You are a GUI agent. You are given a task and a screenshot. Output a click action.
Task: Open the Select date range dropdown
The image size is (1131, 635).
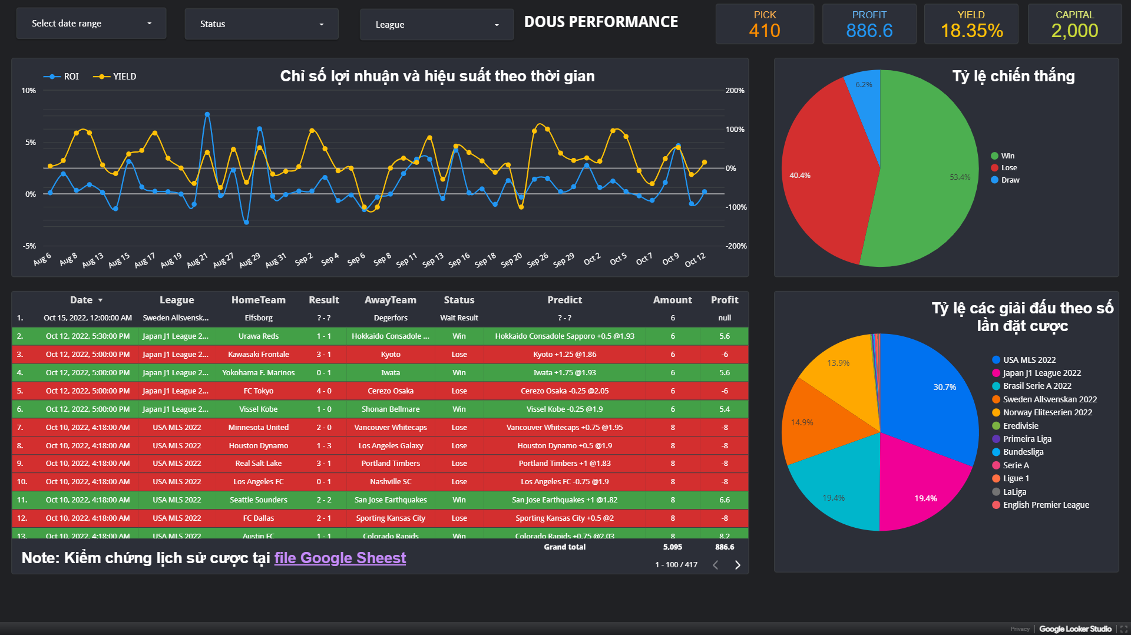[91, 24]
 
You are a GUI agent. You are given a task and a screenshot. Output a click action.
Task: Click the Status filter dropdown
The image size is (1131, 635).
[262, 24]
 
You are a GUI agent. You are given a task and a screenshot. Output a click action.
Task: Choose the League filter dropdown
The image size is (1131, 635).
[436, 25]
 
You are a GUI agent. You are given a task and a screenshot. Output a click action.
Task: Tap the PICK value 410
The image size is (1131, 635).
[764, 31]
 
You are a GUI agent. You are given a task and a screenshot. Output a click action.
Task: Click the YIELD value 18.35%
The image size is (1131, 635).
[971, 31]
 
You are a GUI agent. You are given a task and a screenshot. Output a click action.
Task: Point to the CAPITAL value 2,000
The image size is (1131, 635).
[1074, 31]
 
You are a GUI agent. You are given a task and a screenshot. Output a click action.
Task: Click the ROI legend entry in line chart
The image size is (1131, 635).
[61, 77]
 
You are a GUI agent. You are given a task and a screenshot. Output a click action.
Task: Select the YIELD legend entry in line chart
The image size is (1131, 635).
[115, 77]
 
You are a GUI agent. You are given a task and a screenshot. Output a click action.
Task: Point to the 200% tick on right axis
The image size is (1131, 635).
[735, 91]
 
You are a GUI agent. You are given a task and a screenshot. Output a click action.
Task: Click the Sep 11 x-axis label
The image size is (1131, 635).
[406, 260]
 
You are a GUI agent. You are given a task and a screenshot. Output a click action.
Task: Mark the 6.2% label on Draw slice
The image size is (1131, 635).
[864, 85]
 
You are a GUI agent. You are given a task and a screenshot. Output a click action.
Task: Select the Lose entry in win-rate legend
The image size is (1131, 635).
[1008, 168]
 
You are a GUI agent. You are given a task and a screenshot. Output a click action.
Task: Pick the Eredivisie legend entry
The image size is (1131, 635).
[1020, 426]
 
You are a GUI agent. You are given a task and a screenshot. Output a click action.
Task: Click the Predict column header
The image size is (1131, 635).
[564, 300]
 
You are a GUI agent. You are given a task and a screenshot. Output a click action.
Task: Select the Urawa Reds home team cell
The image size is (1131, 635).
[259, 336]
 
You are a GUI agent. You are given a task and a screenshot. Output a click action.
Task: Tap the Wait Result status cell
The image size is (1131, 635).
[459, 318]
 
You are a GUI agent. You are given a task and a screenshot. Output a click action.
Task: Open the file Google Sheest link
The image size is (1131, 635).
[340, 558]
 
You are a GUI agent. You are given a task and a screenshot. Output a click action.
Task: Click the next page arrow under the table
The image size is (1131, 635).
[738, 565]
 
